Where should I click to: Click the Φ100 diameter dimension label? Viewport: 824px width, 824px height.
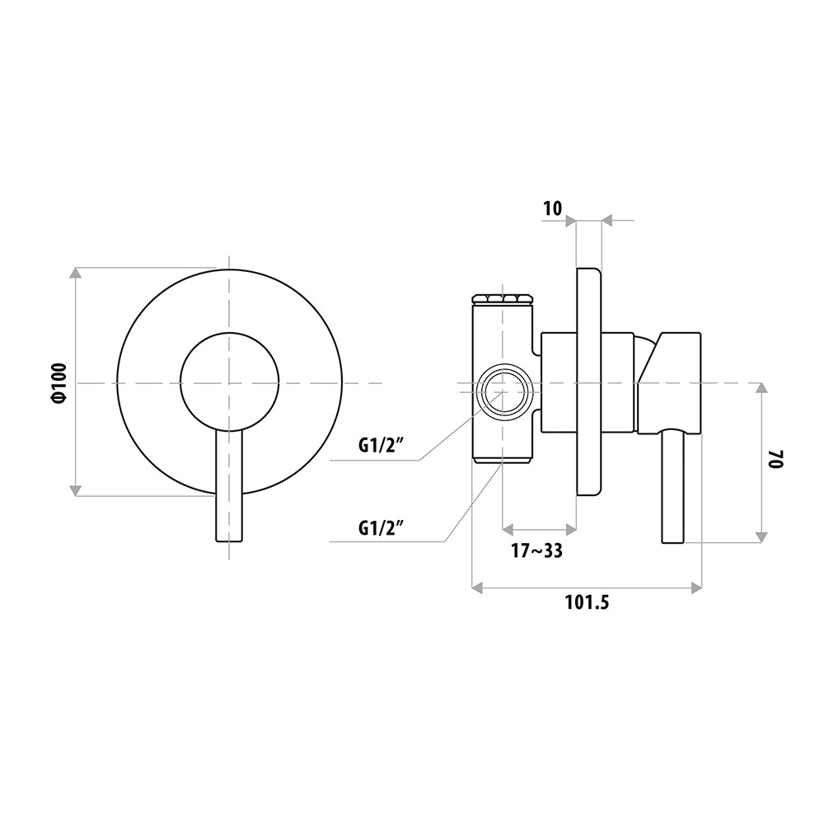(x=60, y=382)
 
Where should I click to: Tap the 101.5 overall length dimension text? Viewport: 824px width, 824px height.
(x=587, y=602)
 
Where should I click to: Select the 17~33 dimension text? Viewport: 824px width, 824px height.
(x=536, y=550)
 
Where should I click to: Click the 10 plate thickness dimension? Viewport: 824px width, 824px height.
(x=552, y=208)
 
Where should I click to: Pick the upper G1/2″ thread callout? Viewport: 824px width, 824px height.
(x=381, y=446)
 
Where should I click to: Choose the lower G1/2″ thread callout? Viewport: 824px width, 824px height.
(x=381, y=527)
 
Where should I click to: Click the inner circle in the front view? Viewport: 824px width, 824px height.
(x=230, y=333)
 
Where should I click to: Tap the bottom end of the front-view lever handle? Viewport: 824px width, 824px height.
(x=230, y=541)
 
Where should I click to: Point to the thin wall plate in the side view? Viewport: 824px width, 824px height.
(x=588, y=382)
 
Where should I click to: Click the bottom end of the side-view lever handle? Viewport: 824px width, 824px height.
(x=672, y=542)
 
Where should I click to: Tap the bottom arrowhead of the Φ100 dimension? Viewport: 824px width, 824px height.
(x=76, y=490)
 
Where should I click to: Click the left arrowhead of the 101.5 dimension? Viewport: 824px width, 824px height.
(x=478, y=588)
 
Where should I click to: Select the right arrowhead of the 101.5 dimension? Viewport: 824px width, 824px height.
(x=696, y=588)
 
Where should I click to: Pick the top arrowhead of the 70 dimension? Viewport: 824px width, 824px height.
(x=761, y=388)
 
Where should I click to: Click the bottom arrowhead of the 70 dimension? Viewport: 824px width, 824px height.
(x=761, y=537)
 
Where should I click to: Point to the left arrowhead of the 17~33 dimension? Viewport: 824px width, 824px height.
(x=508, y=527)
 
